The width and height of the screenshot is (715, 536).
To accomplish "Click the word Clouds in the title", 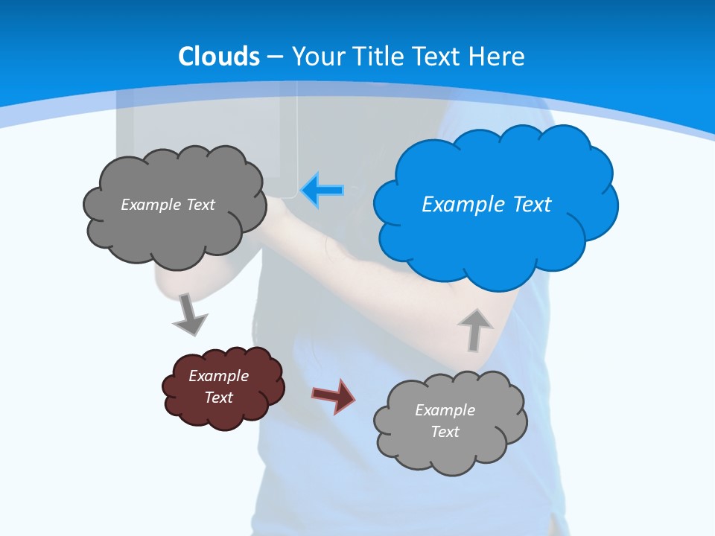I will pyautogui.click(x=219, y=57).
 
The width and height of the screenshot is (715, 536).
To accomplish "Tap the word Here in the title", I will pyautogui.click(x=500, y=57).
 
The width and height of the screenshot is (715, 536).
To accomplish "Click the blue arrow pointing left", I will pyautogui.click(x=323, y=191).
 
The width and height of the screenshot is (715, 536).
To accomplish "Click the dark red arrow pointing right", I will pyautogui.click(x=334, y=395).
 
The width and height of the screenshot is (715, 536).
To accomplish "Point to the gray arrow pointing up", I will pyautogui.click(x=474, y=328).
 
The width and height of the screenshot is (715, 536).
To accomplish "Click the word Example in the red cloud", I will pyautogui.click(x=218, y=376).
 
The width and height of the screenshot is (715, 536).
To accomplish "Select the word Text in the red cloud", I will pyautogui.click(x=218, y=398).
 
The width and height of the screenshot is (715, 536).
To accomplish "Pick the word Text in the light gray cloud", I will pyautogui.click(x=445, y=432).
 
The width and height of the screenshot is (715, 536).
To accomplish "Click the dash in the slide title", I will pyautogui.click(x=275, y=57).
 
